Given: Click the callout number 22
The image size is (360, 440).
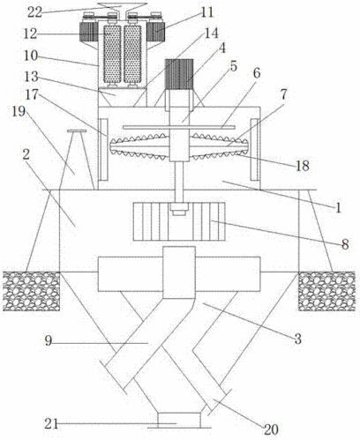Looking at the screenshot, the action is [35, 12].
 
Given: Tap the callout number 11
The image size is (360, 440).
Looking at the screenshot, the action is [206, 11].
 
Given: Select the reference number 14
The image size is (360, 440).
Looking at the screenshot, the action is [211, 34].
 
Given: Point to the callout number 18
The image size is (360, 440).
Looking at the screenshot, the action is [303, 167].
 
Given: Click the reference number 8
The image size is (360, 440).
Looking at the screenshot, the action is [345, 244].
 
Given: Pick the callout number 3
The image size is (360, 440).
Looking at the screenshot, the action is [298, 339].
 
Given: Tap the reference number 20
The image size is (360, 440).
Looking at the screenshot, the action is [271, 430].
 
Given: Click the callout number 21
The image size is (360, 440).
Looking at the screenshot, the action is [51, 424].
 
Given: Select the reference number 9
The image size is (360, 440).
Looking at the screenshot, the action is [49, 341].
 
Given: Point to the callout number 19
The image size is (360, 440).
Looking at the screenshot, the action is [19, 112].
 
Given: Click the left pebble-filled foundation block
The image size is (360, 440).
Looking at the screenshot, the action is [32, 291].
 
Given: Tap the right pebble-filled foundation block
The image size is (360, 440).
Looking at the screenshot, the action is [326, 291].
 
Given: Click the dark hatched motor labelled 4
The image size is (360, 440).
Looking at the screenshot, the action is [179, 74].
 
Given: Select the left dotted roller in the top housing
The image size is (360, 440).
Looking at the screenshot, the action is [112, 55].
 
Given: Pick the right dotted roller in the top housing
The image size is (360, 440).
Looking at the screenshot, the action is [132, 55].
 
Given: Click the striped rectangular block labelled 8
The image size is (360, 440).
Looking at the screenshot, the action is [179, 221].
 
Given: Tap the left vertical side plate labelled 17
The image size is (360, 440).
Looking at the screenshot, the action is [103, 150].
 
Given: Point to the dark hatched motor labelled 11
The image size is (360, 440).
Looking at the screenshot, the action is [155, 32].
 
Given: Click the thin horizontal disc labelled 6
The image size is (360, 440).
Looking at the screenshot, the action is [179, 127].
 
